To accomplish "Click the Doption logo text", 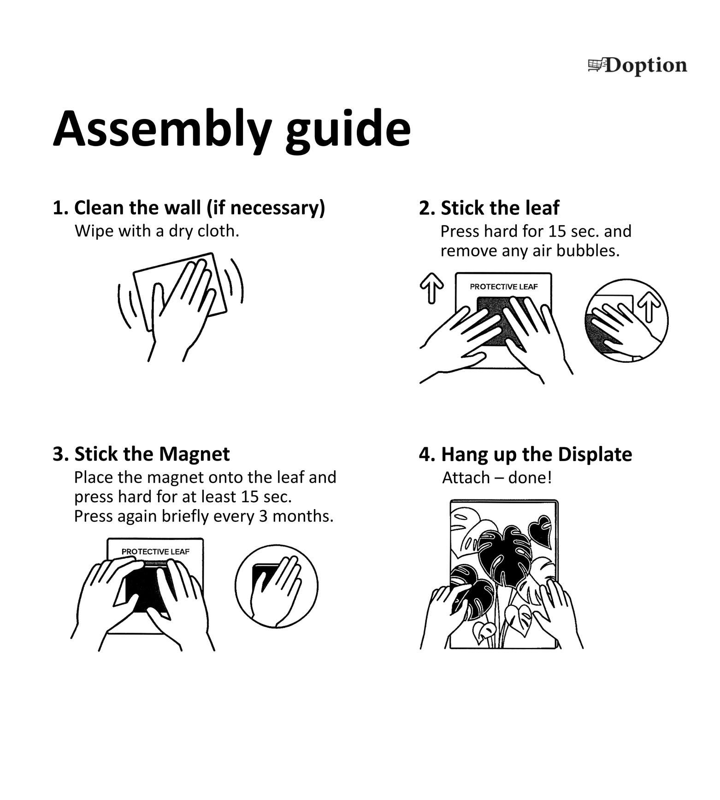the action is [x=646, y=66].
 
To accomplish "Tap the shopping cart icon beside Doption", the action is [x=596, y=65].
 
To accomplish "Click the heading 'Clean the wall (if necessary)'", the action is [x=200, y=208].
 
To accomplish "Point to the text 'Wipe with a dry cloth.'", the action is [x=157, y=231].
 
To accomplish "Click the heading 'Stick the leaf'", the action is [x=500, y=208].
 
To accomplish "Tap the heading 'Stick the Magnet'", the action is [x=152, y=454].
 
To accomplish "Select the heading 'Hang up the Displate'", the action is [x=537, y=455].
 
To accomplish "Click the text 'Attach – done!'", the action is [x=497, y=478].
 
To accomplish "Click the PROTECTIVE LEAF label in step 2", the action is [x=504, y=287].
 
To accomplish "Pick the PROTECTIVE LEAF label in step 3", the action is [x=155, y=551].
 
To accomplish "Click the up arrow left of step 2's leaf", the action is [x=432, y=288].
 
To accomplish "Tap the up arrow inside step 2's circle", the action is [x=649, y=306].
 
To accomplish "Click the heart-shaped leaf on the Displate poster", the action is [x=540, y=528].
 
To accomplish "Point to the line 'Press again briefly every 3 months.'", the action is [x=204, y=516].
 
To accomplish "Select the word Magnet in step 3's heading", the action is [x=197, y=454].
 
